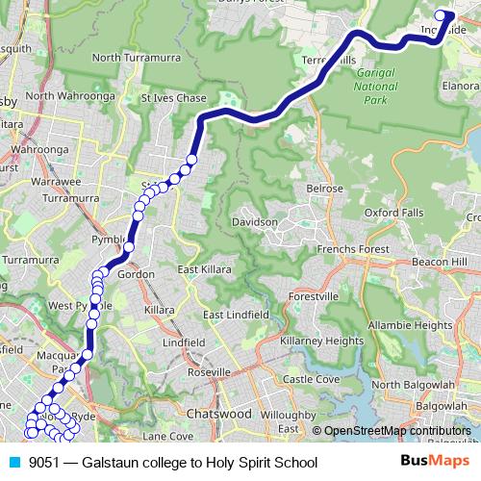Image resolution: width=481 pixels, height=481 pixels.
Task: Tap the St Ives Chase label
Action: click(174, 98)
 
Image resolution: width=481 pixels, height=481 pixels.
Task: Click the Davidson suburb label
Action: click(255, 222)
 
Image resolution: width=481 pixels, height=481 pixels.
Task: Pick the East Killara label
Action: click(204, 270)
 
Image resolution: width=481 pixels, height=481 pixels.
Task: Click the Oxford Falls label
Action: click(393, 212)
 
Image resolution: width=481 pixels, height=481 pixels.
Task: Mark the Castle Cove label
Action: click(312, 379)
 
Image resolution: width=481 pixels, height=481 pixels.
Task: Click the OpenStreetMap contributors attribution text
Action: click(396, 431)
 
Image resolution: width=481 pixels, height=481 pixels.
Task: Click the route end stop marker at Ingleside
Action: click(443, 14)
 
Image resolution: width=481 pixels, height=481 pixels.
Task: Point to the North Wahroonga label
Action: click(63, 96)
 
